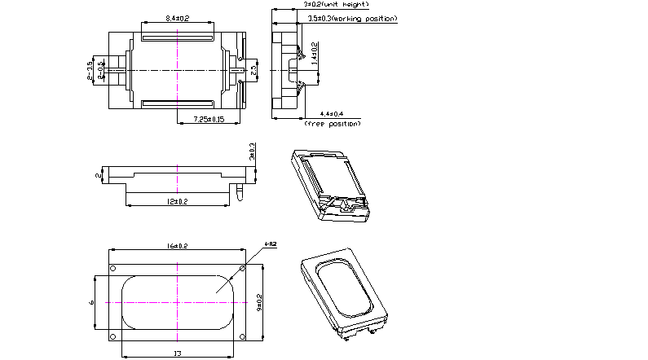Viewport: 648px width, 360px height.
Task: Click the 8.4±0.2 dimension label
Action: [x=177, y=18]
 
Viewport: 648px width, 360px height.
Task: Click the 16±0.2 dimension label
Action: [x=177, y=245]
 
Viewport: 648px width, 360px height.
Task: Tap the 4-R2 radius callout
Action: [x=271, y=244]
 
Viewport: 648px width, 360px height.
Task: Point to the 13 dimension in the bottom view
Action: [x=179, y=352]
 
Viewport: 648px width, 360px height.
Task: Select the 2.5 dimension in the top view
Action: [x=253, y=72]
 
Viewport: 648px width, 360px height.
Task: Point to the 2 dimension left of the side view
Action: [x=99, y=175]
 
